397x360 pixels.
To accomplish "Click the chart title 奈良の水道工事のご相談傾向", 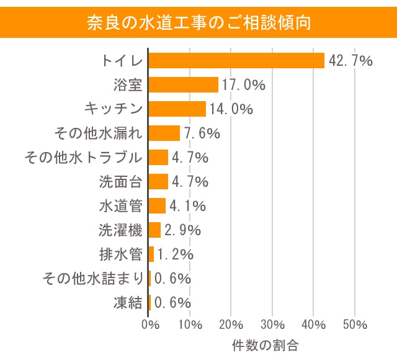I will point(198,22).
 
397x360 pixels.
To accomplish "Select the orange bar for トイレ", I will point(236,61).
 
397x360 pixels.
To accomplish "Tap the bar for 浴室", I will point(184,85).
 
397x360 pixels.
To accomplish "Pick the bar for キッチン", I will point(177,109).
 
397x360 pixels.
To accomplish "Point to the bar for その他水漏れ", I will point(164,133).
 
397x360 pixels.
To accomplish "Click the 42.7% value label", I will point(350,61).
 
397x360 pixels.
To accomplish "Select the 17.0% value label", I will point(244,85).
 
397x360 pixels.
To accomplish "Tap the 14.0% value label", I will point(231,109).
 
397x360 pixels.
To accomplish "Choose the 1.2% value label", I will point(176,254).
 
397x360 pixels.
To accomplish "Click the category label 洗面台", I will point(120,182).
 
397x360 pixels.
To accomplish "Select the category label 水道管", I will point(120,206).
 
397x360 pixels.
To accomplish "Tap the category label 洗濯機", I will point(120,230).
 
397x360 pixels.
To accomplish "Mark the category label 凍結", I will point(128,303).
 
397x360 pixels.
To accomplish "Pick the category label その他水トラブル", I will point(83,158).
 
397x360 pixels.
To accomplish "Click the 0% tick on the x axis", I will point(149,325).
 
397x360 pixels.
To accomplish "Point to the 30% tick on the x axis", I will point(273,325).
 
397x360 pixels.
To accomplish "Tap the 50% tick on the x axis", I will point(355,325).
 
